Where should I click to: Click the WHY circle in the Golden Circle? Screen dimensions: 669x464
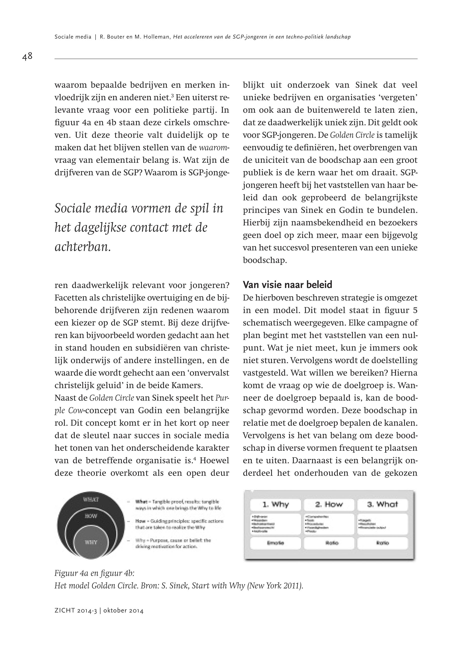91,542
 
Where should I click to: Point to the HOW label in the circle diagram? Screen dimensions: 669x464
91,516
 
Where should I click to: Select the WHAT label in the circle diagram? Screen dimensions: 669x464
91,499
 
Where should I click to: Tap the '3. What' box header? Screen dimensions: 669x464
382,505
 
